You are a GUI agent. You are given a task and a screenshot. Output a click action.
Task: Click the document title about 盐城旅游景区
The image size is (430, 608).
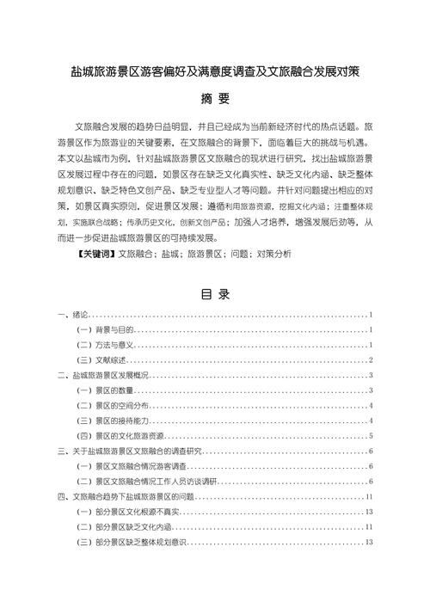pyautogui.click(x=214, y=74)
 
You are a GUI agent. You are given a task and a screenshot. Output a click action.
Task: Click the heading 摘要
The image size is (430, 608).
pyautogui.click(x=214, y=98)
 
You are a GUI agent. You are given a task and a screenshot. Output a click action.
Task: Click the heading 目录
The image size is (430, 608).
pyautogui.click(x=215, y=295)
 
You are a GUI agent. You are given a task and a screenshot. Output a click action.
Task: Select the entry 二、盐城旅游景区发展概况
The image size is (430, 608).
pyautogui.click(x=104, y=377)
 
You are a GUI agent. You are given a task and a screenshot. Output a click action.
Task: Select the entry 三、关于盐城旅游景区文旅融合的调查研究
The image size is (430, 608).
pyautogui.click(x=128, y=451)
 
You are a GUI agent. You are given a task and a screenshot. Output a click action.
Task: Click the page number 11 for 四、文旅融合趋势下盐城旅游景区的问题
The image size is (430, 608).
pyautogui.click(x=368, y=497)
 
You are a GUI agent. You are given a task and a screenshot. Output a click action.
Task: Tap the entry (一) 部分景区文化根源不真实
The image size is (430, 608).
pyautogui.click(x=129, y=512)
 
